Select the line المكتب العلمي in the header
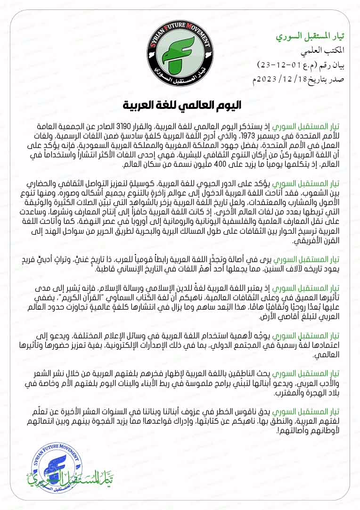(325, 50)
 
